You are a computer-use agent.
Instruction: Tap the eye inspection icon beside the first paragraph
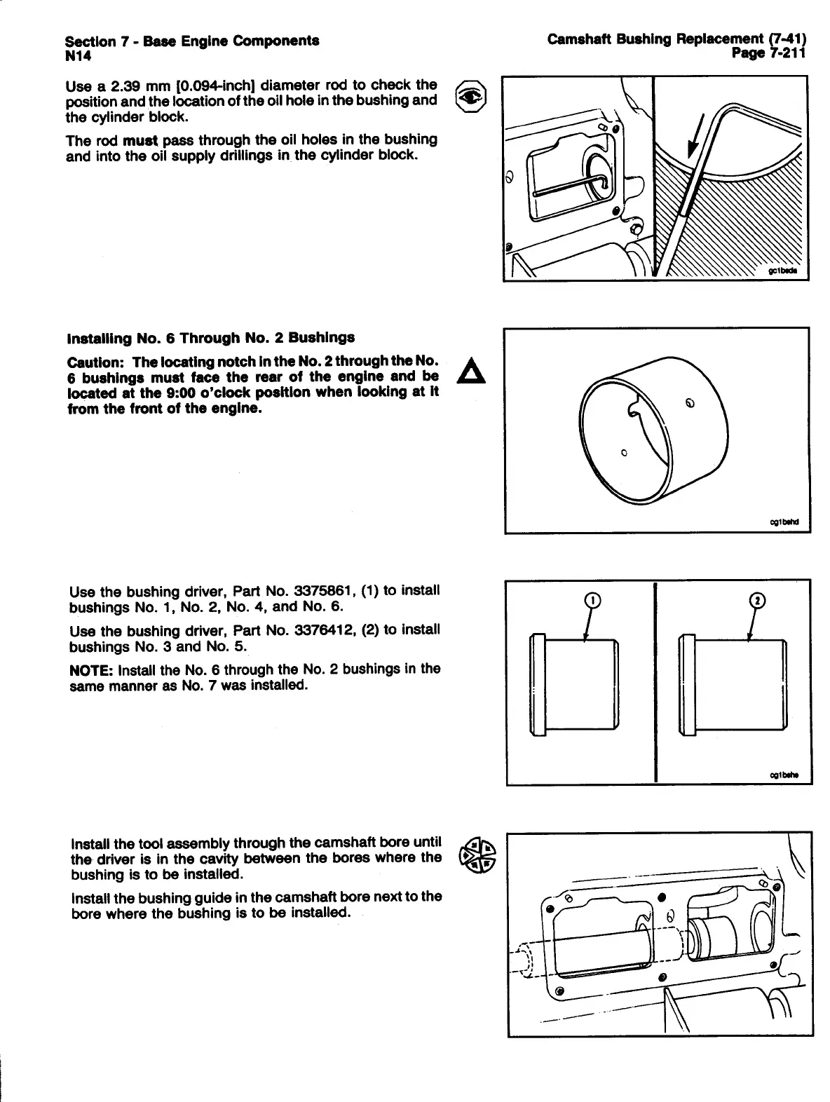click(x=469, y=100)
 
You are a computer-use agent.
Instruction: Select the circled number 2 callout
click(x=757, y=601)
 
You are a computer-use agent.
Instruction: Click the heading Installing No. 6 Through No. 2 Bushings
click(x=210, y=338)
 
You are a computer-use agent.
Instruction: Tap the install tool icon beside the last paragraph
click(x=477, y=856)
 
